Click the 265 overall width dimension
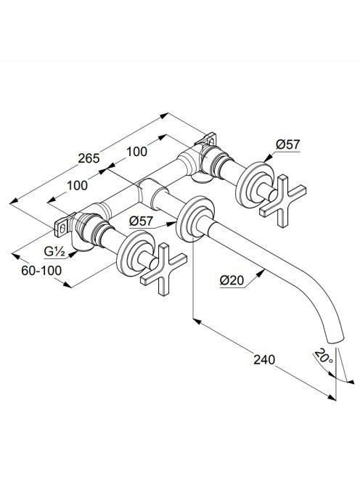click(89, 158)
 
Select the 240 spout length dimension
click(264, 359)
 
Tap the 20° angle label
click(324, 356)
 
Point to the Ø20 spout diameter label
click(232, 280)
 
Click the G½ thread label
click(54, 252)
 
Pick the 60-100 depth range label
click(41, 271)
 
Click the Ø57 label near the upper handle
click(287, 144)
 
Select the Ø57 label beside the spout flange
click(141, 221)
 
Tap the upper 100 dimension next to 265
click(136, 152)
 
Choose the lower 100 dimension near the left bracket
click(77, 185)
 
